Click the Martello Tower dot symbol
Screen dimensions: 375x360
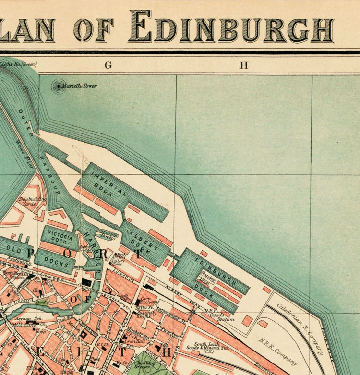(x=59, y=86)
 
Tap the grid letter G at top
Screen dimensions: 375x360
(x=108, y=66)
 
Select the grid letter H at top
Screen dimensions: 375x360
(x=244, y=66)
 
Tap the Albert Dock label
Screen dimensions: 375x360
(x=144, y=241)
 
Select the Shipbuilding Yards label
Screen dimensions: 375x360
(x=33, y=201)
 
